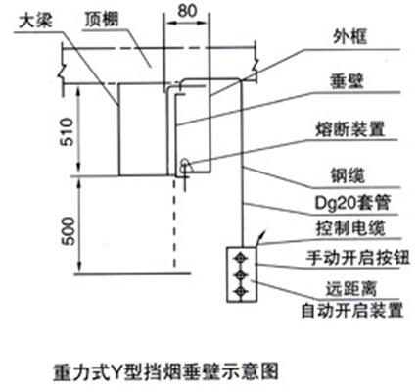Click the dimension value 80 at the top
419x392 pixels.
click(188, 11)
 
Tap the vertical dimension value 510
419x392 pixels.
click(68, 131)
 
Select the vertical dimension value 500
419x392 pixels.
click(69, 231)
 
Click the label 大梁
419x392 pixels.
click(35, 23)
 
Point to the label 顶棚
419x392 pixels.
click(102, 20)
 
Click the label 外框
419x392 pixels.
click(349, 36)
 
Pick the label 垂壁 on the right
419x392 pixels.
click(347, 81)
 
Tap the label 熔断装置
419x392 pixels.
click(350, 129)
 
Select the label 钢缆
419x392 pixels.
click(348, 176)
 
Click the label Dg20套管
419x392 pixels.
click(352, 203)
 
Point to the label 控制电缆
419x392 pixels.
click(350, 227)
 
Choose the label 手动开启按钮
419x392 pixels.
click(357, 258)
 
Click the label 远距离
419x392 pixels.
click(351, 289)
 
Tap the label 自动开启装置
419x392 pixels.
click(352, 311)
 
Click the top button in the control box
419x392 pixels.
click(241, 258)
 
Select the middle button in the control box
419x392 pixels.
click(241, 274)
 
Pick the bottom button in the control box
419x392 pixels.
click(241, 290)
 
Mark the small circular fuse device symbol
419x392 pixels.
click(185, 163)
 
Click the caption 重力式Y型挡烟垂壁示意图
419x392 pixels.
click(165, 371)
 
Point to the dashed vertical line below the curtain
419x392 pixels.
click(174, 222)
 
